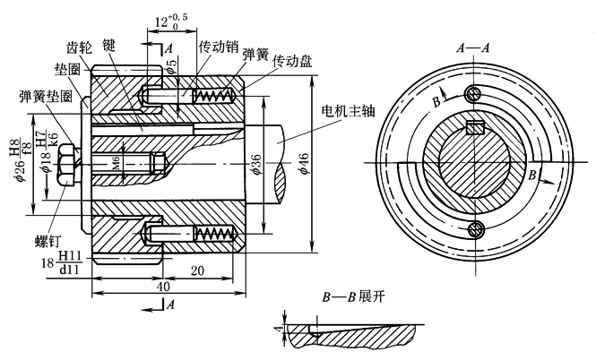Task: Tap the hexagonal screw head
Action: coord(65,164)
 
